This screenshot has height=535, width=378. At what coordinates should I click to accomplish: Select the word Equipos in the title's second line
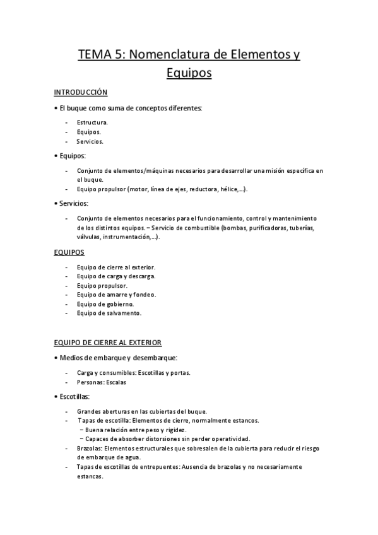click(189, 74)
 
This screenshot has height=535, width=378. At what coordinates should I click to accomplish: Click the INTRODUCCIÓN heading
click(81, 92)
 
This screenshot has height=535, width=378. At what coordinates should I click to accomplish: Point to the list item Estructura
click(92, 122)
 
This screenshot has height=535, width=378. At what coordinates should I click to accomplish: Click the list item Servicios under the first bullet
click(90, 141)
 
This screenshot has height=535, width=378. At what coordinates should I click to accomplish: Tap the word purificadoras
click(265, 227)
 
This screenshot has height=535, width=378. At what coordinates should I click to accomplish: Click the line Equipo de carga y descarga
click(116, 276)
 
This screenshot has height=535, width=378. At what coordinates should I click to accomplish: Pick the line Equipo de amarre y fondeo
click(116, 295)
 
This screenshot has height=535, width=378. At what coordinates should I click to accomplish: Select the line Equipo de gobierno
click(105, 303)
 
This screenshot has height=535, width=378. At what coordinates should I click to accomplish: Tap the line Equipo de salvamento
click(109, 313)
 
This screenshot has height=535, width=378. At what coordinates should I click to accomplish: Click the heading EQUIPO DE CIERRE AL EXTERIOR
click(108, 343)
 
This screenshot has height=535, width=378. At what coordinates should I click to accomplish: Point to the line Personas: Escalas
click(102, 382)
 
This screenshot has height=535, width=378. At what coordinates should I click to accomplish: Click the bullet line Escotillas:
click(74, 397)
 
